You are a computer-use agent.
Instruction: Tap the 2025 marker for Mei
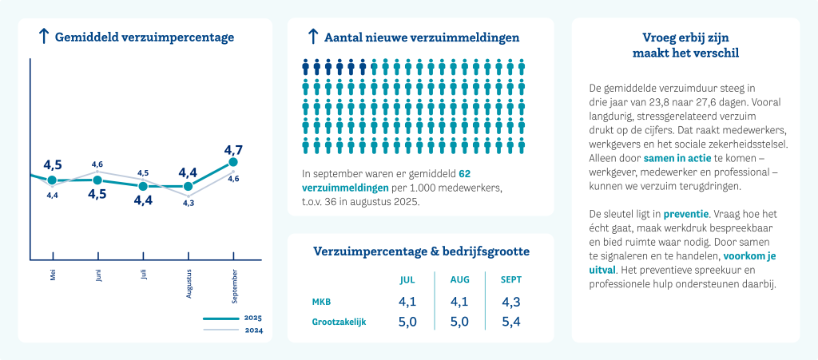click(52, 180)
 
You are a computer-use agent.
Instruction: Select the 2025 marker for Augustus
click(189, 187)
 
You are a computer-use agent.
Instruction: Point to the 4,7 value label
click(233, 149)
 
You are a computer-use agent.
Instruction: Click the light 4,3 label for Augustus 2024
click(189, 203)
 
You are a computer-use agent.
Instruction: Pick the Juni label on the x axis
click(97, 277)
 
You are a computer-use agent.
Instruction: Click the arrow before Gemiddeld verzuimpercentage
click(44, 37)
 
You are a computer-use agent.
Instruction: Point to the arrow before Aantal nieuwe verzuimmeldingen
click(313, 37)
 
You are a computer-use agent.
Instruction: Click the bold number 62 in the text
click(464, 173)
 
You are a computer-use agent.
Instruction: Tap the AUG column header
click(459, 279)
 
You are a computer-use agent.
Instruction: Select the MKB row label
click(321, 303)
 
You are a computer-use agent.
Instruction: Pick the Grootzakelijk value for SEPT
click(510, 322)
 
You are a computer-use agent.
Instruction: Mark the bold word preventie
click(685, 215)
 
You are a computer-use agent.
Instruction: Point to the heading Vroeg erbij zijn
click(685, 38)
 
